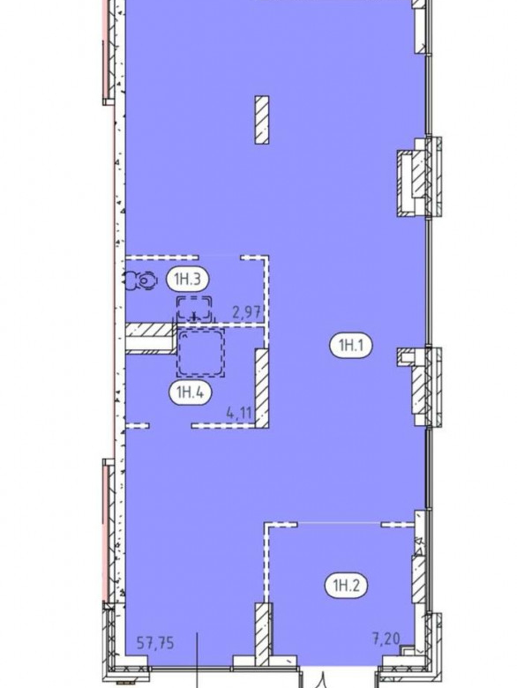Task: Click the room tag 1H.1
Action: (350, 346)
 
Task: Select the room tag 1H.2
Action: (346, 586)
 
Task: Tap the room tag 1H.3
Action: (187, 279)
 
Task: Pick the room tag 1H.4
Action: (190, 393)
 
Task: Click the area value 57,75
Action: (155, 643)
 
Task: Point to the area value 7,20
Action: (386, 639)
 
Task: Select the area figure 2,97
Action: (247, 313)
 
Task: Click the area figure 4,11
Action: (240, 413)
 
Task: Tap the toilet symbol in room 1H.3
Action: (140, 280)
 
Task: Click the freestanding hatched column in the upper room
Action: (262, 120)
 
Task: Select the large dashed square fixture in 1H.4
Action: (200, 352)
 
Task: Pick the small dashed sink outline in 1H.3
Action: (194, 308)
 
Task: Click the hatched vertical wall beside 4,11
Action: (262, 388)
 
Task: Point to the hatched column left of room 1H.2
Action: (264, 635)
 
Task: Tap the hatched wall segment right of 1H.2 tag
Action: (419, 580)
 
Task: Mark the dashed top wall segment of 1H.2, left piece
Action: (281, 524)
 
